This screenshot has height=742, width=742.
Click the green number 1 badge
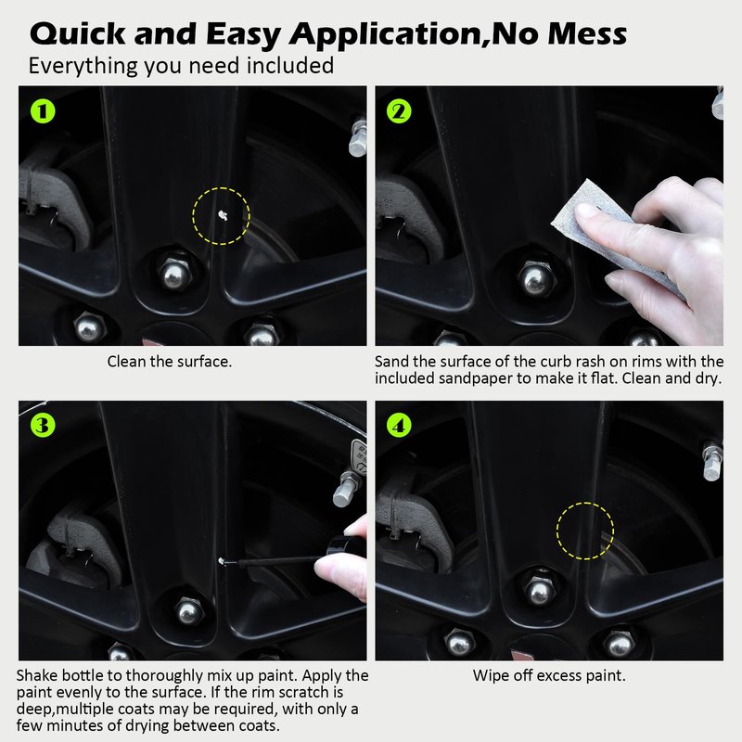tap(43, 111)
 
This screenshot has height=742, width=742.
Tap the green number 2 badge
tap(399, 111)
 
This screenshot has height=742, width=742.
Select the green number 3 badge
tap(43, 425)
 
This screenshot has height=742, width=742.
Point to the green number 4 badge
tap(399, 425)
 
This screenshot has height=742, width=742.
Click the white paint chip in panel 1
tap(223, 215)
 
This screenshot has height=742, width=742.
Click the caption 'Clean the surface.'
tap(170, 362)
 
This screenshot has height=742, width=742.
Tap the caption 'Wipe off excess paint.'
tap(549, 675)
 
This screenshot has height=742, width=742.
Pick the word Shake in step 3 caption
tap(37, 675)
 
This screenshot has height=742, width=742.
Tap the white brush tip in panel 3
tap(221, 561)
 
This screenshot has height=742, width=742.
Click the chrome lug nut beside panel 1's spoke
tap(174, 275)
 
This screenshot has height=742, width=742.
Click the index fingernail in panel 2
tap(586, 211)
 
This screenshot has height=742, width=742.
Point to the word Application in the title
tap(387, 35)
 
